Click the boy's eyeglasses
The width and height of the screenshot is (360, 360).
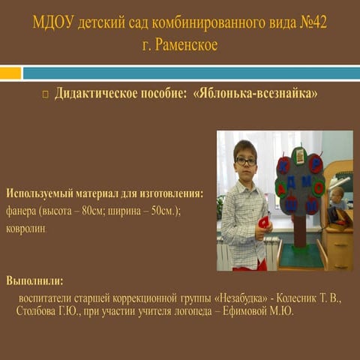pyautogui.click(x=244, y=161)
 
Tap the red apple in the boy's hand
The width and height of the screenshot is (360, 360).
pyautogui.click(x=263, y=222)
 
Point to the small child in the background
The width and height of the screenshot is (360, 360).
pyautogui.click(x=338, y=199)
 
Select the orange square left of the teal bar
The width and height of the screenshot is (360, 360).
pyautogui.click(x=10, y=73)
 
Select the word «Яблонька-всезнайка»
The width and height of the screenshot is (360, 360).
pyautogui.click(x=255, y=95)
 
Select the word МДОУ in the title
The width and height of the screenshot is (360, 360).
pyautogui.click(x=52, y=23)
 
